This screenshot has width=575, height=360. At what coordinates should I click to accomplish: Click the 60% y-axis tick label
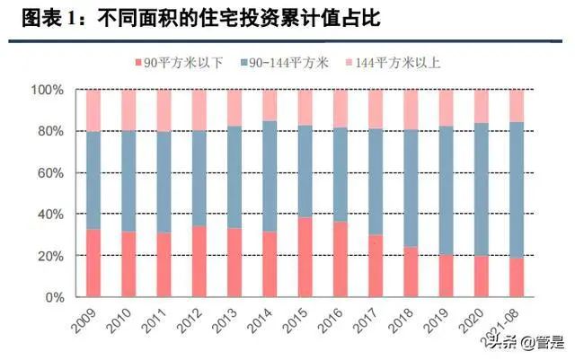50,172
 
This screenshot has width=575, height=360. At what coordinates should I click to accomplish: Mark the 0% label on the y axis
54,297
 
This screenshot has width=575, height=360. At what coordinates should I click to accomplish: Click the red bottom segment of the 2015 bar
305,257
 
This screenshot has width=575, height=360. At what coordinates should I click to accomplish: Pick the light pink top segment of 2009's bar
93,110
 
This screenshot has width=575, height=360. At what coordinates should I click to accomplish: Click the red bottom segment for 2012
199,261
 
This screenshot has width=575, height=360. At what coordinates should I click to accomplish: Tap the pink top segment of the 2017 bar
375,109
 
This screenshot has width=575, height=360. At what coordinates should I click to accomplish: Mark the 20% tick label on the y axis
50,256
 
